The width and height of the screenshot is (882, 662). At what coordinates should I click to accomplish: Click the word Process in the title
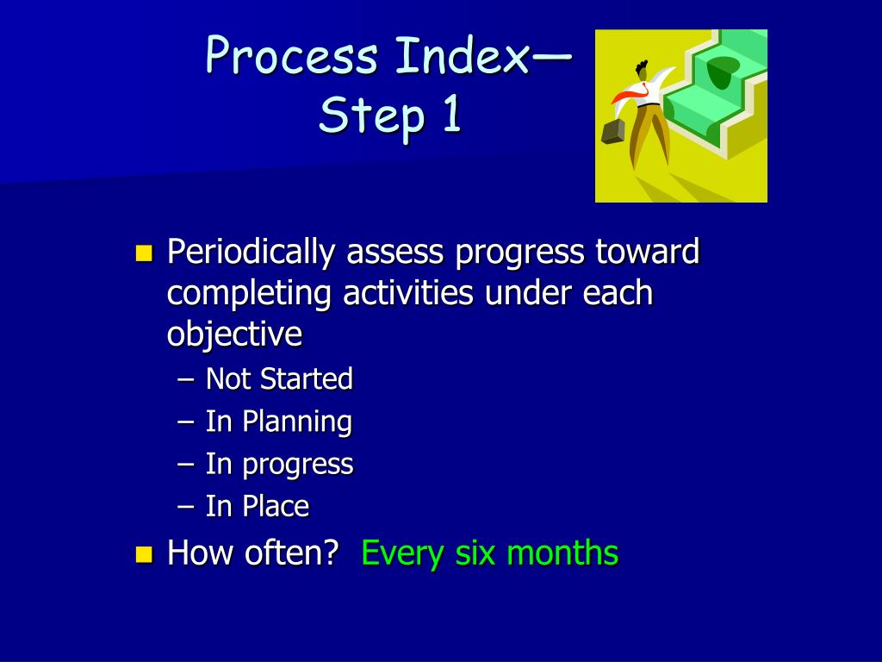point(293,57)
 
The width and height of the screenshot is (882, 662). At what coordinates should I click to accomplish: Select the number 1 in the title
point(450,116)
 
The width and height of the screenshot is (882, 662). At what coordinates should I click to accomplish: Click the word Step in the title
point(372,117)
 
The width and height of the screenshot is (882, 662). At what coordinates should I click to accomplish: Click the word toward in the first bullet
point(647,253)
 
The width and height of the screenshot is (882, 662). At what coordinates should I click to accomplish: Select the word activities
point(408,294)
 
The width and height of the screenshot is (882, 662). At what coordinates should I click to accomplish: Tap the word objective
point(234,335)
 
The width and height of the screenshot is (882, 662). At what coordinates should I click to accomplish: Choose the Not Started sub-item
point(279,379)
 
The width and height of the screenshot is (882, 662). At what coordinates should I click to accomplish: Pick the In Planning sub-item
point(278,422)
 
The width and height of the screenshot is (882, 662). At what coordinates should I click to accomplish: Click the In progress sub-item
point(279,465)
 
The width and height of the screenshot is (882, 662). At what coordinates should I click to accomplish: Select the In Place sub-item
point(257,507)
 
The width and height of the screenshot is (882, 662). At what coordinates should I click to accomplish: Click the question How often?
point(252,553)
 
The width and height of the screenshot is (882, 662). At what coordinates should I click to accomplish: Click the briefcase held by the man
point(612,131)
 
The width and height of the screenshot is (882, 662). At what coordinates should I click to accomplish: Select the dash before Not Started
point(187,379)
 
